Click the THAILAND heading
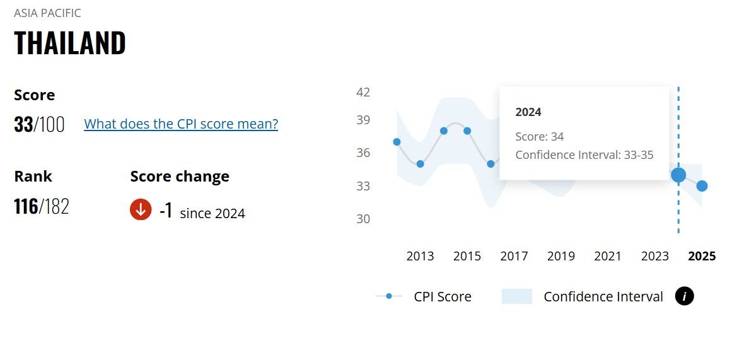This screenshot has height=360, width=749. coord(70,43)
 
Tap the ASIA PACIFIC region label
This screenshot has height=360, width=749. coord(47,13)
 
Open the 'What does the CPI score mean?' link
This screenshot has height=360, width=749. coord(181,124)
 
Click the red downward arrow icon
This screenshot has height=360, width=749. coord(141,210)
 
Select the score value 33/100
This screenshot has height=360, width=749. coord(39,124)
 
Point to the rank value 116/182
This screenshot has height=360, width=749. coord(42,206)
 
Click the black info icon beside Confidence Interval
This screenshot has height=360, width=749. coord(684,296)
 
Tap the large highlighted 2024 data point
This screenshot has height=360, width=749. coord(678,175)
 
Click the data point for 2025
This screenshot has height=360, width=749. coord(702,186)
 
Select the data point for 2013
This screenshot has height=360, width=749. coord(421,164)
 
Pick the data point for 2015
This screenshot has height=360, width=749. coord(467,131)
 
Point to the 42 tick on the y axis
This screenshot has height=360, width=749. coord(363,92)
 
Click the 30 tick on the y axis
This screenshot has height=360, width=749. coord(363,219)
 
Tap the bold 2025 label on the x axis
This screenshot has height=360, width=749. coord(702,256)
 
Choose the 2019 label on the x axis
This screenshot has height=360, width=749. coord(560,256)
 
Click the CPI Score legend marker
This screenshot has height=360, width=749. coord(389,296)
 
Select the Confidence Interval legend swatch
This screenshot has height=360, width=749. coord(517,296)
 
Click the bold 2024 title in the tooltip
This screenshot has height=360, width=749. coord(528,112)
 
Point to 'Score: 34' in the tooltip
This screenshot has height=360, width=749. coord(539,136)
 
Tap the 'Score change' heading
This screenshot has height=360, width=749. coord(180,177)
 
